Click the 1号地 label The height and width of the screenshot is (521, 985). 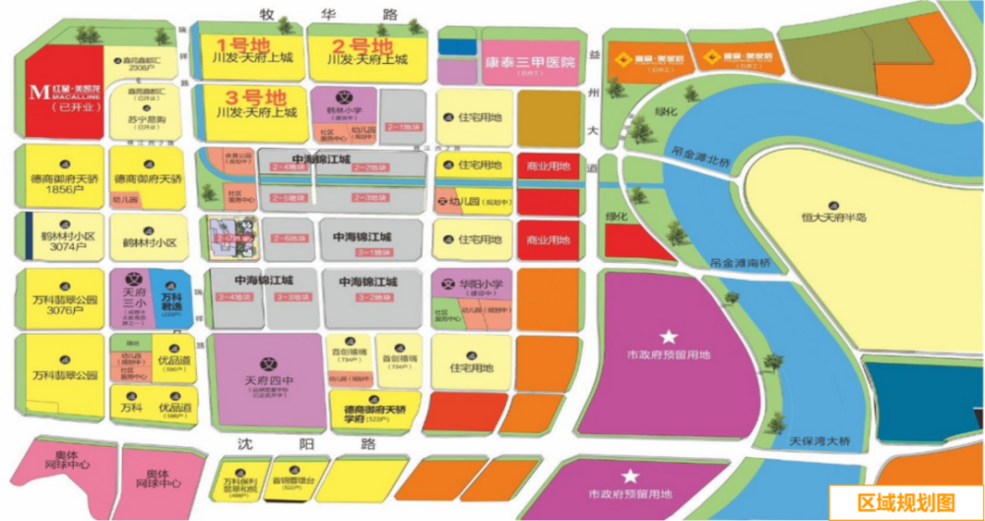(236, 45)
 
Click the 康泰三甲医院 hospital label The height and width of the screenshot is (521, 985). (529, 61)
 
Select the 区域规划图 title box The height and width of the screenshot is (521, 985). (906, 502)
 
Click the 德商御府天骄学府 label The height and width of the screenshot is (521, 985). (374, 413)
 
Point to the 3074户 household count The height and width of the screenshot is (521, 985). (62, 248)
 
